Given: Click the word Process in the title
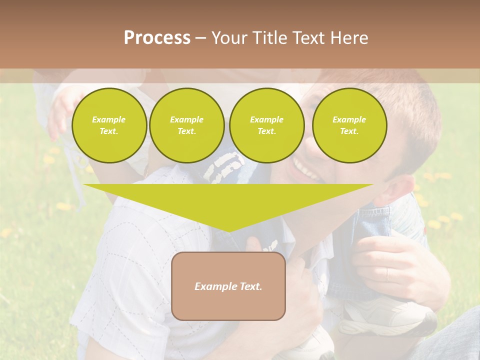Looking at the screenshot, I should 157,37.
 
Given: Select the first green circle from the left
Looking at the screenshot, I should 109,125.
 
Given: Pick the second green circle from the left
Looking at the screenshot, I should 186,125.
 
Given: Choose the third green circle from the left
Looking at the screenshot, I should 266,125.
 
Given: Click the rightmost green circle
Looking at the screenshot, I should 349,125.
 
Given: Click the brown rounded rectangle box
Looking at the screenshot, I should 228,305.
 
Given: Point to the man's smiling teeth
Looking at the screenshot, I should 306,170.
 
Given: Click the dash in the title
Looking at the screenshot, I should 200,38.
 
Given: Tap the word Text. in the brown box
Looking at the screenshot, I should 250,286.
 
